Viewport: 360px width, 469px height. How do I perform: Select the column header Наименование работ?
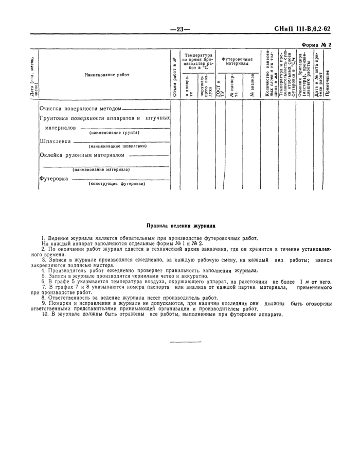(107, 75)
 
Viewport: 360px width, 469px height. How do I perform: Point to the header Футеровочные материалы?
(237, 62)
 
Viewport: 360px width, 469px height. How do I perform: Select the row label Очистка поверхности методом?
(81, 109)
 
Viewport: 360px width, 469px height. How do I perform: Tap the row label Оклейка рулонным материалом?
(82, 155)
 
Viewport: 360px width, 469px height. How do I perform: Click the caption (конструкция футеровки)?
(117, 184)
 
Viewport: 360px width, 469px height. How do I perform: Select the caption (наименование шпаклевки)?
(118, 146)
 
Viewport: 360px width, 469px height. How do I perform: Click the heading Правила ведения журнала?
(181, 225)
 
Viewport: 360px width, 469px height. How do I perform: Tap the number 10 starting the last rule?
(44, 315)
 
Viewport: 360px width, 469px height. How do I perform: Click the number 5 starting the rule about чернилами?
(44, 276)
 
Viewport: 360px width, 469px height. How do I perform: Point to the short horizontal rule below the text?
(180, 341)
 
